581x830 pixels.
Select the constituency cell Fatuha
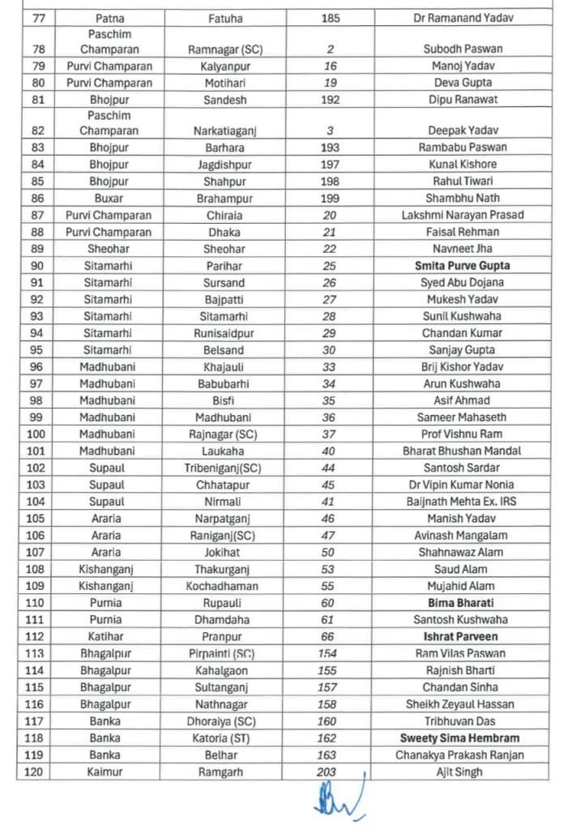(224, 17)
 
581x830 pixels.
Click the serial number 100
(36, 434)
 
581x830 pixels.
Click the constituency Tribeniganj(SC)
(224, 468)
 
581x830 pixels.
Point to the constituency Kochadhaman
(224, 586)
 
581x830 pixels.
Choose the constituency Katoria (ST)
(224, 738)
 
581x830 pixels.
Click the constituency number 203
(327, 772)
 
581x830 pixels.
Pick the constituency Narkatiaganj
(224, 130)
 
